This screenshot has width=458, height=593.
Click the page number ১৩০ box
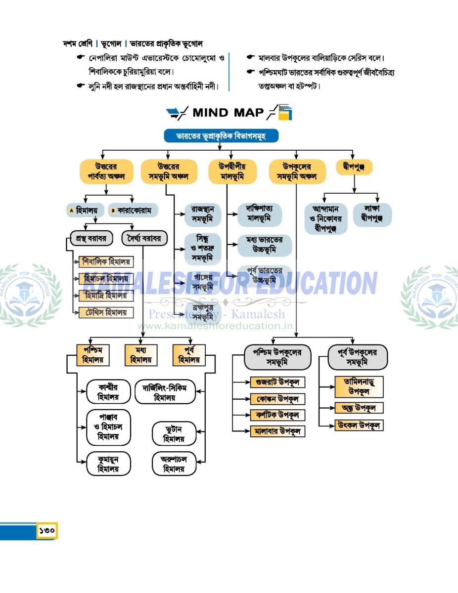(47, 531)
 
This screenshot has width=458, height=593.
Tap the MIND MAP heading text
(228, 113)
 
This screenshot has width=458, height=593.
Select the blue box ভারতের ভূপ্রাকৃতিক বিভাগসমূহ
(221, 136)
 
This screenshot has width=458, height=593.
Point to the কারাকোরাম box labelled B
(134, 210)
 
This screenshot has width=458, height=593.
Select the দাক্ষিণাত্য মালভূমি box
(260, 214)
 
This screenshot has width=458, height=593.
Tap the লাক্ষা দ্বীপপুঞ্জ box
(372, 214)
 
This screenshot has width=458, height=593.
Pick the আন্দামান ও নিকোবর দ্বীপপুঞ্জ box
(326, 218)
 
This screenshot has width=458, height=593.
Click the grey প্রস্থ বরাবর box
(92, 239)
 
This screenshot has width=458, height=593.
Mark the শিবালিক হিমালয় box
(106, 262)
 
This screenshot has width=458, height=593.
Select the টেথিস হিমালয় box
(106, 312)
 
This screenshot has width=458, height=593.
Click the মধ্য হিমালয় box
(140, 355)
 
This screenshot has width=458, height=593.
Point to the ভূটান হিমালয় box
(174, 433)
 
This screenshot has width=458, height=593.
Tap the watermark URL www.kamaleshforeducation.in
(215, 326)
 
